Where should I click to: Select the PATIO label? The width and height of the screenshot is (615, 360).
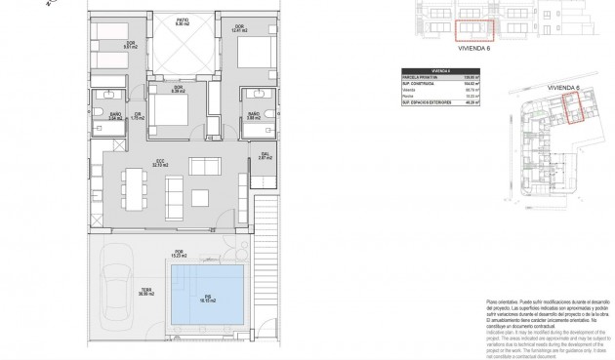point(181,20)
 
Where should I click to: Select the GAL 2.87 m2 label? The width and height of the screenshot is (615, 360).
point(265,155)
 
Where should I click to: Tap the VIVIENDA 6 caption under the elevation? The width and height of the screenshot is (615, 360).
point(476,48)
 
